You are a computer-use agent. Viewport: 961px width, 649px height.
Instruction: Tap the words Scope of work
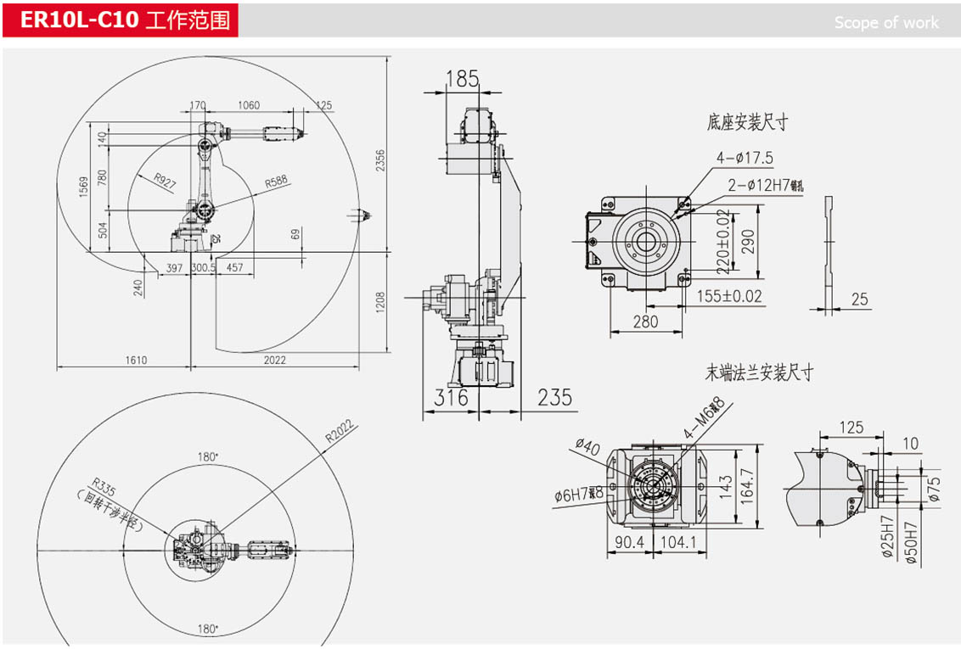coord(886,23)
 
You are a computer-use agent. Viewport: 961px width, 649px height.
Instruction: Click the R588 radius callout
coord(277,182)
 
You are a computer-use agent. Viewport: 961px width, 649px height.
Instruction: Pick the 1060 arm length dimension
coord(249,105)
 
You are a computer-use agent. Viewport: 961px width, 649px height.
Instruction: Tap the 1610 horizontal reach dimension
coord(136,360)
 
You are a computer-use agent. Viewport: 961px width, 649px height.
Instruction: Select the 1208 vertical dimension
coord(381,300)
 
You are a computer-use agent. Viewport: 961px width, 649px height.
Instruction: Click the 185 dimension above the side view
coord(462,79)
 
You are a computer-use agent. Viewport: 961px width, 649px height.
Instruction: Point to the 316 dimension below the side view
coord(451,397)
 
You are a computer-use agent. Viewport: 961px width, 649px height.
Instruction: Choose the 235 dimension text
coord(554,397)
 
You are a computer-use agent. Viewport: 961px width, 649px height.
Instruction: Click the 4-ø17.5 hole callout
coord(745,157)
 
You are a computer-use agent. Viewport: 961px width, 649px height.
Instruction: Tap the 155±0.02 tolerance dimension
coord(729,296)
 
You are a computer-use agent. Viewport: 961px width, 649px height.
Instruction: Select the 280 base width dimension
coord(645,322)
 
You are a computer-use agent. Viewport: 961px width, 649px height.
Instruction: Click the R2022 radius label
coord(340,434)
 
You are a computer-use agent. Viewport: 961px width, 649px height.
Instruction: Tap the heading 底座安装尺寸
coord(747,122)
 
